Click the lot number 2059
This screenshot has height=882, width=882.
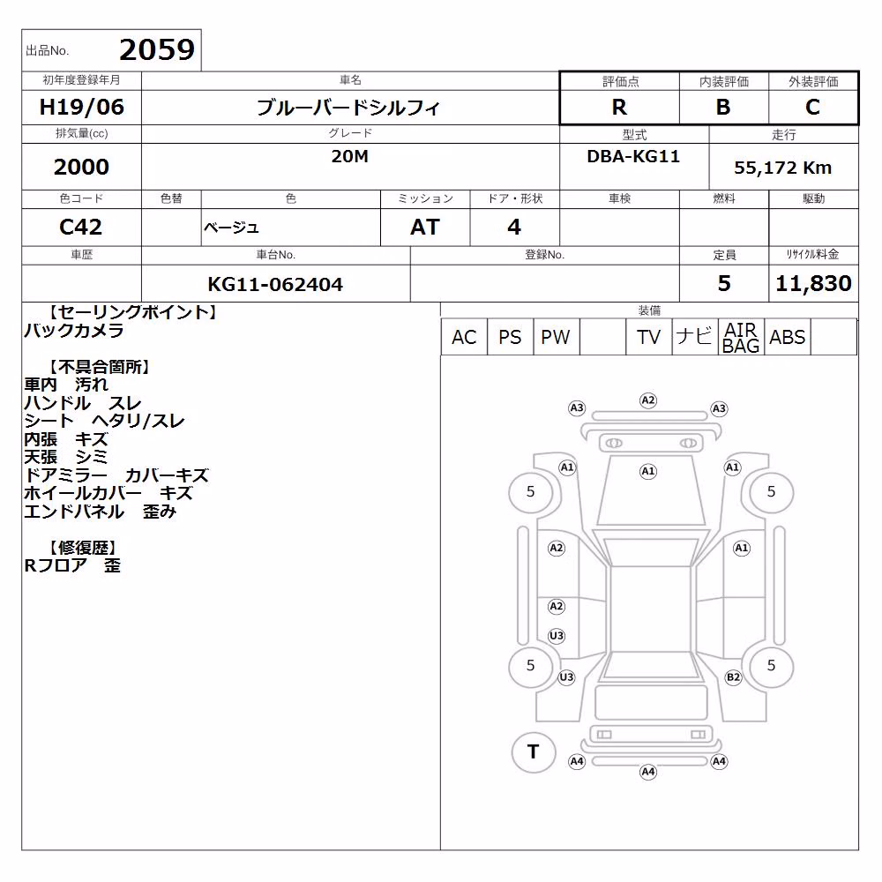pyautogui.click(x=157, y=49)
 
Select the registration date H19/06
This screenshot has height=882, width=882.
pyautogui.click(x=81, y=107)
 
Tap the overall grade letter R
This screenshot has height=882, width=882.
pyautogui.click(x=619, y=107)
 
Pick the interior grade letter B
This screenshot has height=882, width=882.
pyautogui.click(x=723, y=107)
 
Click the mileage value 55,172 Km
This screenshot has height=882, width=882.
pyautogui.click(x=782, y=168)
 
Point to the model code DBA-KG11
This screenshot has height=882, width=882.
pyautogui.click(x=633, y=156)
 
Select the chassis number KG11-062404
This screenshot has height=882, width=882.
pyautogui.click(x=275, y=284)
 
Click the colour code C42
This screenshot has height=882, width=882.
pyautogui.click(x=81, y=228)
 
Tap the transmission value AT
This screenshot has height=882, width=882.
pyautogui.click(x=425, y=228)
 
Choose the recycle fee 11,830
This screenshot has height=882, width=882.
pyautogui.click(x=813, y=283)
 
